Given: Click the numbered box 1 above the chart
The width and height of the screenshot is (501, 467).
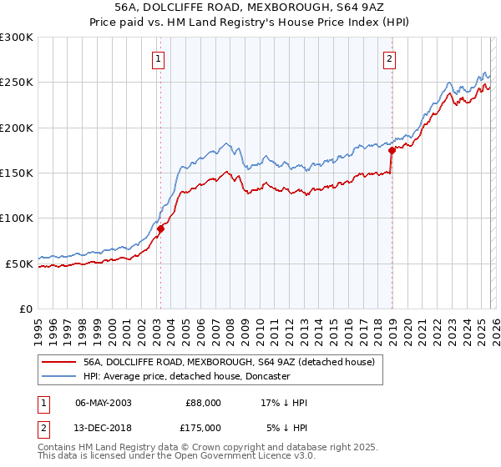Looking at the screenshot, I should (159, 58).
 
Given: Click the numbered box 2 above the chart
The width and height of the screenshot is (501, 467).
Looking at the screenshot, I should (390, 58).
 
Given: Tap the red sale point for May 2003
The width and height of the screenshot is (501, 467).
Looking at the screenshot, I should (160, 229).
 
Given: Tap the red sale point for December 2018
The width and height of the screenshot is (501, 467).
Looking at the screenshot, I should (392, 151).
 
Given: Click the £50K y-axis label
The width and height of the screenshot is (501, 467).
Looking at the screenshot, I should (19, 264).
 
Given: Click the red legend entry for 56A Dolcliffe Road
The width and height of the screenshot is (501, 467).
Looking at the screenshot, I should (233, 362).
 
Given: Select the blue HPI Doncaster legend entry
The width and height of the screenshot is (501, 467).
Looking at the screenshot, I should (186, 377).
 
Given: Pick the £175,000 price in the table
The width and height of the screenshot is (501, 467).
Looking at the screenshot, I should (203, 427).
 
